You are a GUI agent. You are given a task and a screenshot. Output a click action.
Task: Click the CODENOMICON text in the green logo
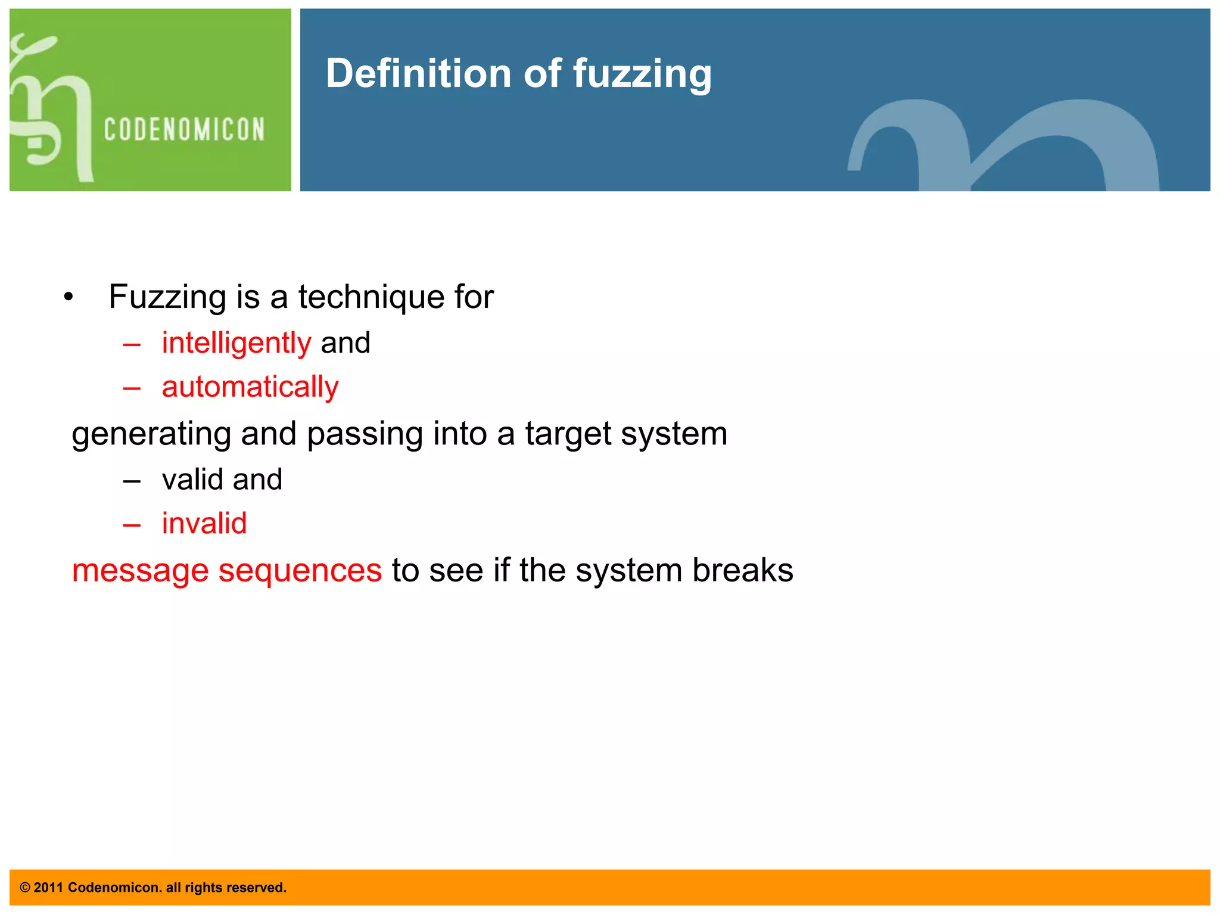pyautogui.click(x=184, y=130)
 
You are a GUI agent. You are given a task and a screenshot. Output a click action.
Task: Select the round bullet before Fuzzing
pyautogui.click(x=69, y=297)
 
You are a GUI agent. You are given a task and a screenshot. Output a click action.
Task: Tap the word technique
pyautogui.click(x=371, y=297)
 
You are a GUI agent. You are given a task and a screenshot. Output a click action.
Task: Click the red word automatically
pyautogui.click(x=250, y=387)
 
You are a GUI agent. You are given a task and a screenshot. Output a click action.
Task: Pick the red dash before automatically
pyautogui.click(x=132, y=389)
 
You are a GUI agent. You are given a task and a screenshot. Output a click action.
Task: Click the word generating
pyautogui.click(x=151, y=434)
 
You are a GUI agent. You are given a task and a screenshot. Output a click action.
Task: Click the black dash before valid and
pyautogui.click(x=132, y=481)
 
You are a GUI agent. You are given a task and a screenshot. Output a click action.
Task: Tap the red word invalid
pyautogui.click(x=204, y=524)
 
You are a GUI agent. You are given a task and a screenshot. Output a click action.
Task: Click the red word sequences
pyautogui.click(x=300, y=571)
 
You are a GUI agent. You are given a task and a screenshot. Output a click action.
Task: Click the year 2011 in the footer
pyautogui.click(x=48, y=888)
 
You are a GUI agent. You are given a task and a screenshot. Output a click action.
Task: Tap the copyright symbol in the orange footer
pyautogui.click(x=25, y=888)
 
